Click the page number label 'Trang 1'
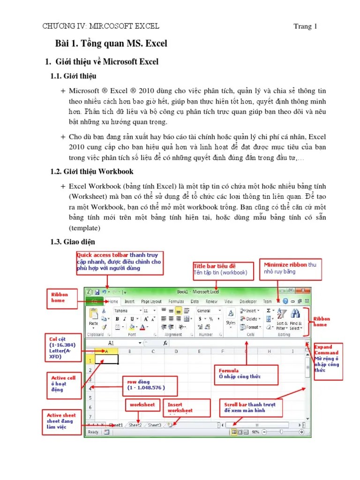coord(305,26)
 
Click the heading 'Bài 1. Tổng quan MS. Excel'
coord(111,44)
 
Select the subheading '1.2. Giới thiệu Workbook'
coord(92,171)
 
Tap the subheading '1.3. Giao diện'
coord(72,241)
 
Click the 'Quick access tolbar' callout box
coord(120,262)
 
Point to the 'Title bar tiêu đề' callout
coord(224,269)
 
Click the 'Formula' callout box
coord(246,374)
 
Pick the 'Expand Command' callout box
coord(328,359)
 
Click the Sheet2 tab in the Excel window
coord(135,425)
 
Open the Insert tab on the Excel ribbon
coord(129,302)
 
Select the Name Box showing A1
coord(112,343)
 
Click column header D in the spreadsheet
coord(176,351)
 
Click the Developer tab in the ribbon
coord(248,302)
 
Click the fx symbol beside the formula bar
coord(165,343)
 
